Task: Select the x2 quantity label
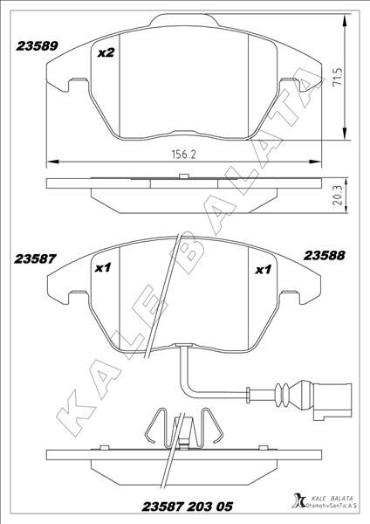tap(106, 53)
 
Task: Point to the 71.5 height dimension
tap(336, 85)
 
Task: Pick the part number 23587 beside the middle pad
tap(36, 259)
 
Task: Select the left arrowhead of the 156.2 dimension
tap(50, 161)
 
